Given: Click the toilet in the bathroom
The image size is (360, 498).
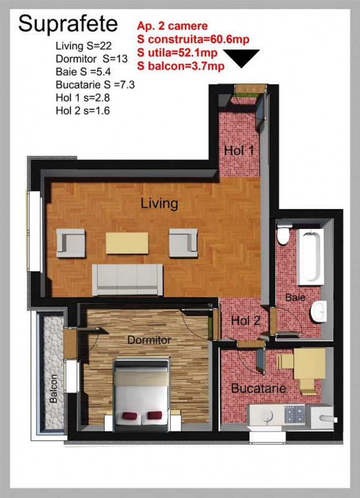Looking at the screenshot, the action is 285,233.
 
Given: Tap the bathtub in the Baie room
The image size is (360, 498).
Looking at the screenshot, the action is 310,256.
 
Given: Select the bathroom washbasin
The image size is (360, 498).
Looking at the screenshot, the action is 319,311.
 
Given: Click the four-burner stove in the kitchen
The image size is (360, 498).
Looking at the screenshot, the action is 295,415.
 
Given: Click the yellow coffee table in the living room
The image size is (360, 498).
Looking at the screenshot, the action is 127,243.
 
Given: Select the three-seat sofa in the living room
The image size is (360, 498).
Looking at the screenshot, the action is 128,280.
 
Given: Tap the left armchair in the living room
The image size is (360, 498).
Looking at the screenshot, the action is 70,243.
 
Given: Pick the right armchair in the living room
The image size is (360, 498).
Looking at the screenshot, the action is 183,243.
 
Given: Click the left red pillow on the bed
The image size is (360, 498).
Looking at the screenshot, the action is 130,416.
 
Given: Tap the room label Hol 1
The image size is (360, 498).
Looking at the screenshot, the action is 239,150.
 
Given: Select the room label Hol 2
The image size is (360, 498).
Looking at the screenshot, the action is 245,321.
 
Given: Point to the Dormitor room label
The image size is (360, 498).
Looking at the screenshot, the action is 149,340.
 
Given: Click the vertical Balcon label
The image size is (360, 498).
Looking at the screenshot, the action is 54,388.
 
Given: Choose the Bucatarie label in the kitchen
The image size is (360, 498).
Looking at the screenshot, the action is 258,388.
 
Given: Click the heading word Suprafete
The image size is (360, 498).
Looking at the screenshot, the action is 68,24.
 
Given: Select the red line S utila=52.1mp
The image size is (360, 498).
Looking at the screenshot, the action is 178,53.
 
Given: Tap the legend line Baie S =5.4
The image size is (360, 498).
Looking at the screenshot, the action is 83,72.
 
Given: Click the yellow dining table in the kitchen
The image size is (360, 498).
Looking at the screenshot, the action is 310,364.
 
